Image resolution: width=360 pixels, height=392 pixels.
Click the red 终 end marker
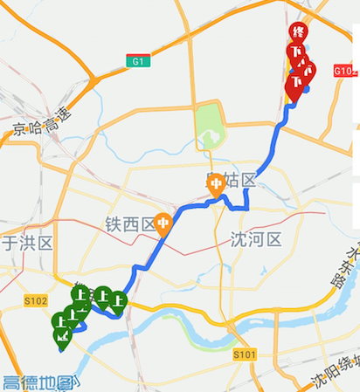point(299,33)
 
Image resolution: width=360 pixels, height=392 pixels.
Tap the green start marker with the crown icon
point(62,335)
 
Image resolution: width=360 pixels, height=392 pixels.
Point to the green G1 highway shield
point(138,61)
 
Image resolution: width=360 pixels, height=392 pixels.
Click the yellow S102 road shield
point(35,300)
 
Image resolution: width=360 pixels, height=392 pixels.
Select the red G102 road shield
point(344,71)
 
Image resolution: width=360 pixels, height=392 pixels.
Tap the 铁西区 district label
point(129,225)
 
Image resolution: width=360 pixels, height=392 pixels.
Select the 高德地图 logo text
point(39,382)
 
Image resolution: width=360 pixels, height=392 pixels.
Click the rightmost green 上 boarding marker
point(116,301)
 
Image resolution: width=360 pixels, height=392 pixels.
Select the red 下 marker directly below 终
point(297,54)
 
